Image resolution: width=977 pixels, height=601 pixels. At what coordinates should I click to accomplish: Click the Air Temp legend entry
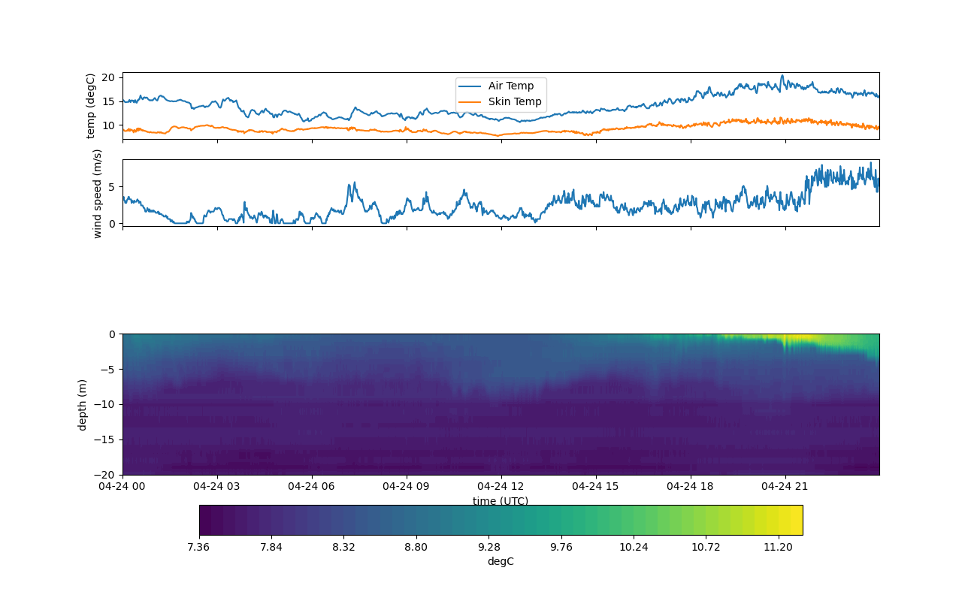click(x=510, y=86)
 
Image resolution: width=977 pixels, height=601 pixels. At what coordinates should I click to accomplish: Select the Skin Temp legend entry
click(x=514, y=101)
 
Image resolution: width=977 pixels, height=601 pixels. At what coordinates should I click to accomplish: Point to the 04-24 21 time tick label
click(x=785, y=486)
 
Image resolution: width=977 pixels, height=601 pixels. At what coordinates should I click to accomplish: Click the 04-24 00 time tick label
click(x=123, y=486)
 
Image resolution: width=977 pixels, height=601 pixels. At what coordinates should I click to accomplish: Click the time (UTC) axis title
click(x=501, y=501)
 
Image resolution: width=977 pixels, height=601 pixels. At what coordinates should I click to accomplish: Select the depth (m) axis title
click(x=83, y=404)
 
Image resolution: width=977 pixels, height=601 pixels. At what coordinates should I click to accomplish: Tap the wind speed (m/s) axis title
click(x=97, y=193)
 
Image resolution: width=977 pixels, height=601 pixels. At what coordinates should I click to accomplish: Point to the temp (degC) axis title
click(x=91, y=106)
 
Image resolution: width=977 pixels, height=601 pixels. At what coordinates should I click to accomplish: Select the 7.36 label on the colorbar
click(x=198, y=547)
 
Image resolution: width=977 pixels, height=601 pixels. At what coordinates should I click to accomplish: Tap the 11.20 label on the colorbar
click(x=778, y=547)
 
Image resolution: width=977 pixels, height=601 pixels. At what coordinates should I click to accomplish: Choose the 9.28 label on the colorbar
click(x=488, y=547)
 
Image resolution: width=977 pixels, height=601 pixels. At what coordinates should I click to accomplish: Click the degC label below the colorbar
click(x=501, y=561)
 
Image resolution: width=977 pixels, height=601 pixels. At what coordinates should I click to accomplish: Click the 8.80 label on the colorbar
click(x=416, y=547)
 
